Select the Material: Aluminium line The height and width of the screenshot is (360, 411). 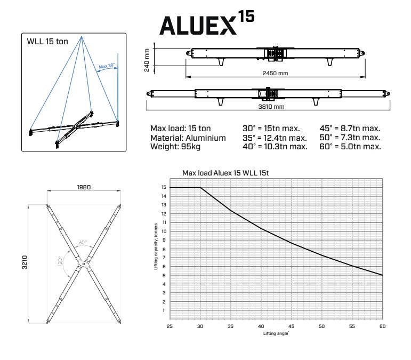188,138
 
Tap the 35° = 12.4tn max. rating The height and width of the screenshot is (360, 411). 275,138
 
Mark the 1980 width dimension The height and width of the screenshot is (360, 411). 83,187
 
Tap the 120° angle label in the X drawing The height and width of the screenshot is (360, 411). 61,261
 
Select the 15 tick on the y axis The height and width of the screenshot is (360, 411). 163,188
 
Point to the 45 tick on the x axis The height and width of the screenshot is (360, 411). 291,326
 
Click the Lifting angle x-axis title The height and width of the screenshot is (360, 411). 276,333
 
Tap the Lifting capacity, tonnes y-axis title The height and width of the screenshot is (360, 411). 156,247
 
